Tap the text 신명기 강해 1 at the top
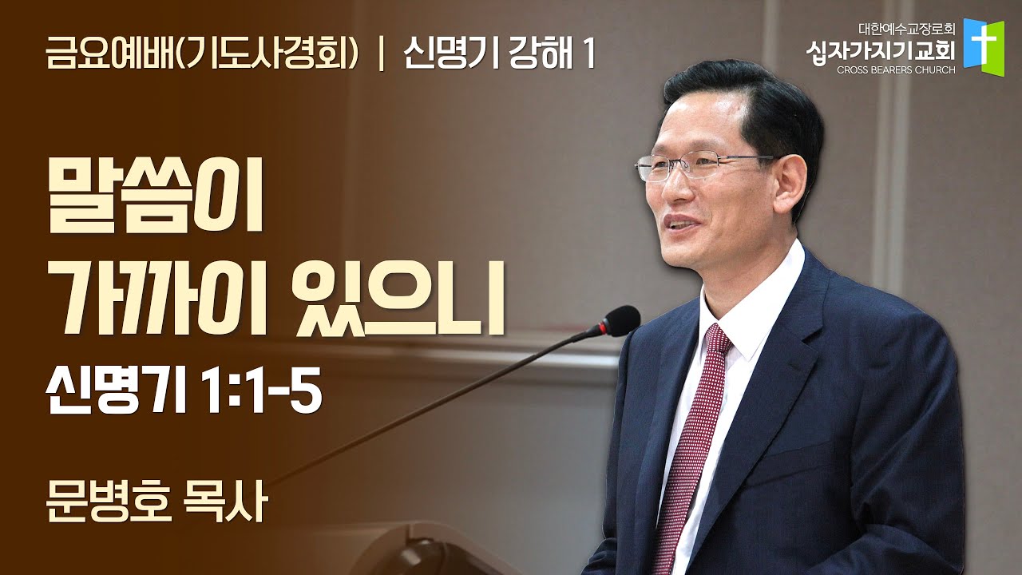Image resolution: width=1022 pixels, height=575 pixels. [x=500, y=56]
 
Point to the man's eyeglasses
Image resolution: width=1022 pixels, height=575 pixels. [x=707, y=168]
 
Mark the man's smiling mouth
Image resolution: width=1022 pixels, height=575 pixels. [x=682, y=223]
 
